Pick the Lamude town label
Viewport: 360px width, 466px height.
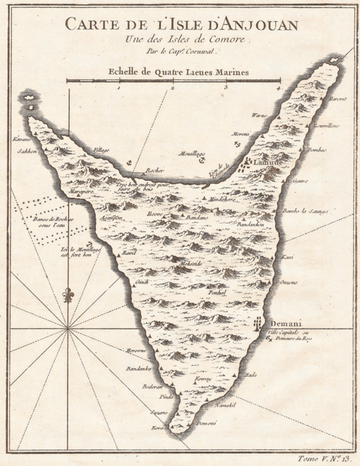tap(268, 163)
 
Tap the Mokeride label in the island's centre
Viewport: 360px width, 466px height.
tap(190, 265)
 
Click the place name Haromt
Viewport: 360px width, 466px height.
tap(337, 99)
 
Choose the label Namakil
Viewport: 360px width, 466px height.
tap(224, 405)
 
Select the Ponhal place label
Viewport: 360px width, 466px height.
tap(218, 293)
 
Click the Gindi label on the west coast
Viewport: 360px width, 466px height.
tap(142, 282)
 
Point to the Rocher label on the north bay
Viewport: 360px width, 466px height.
tap(154, 171)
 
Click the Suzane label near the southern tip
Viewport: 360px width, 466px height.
tap(159, 412)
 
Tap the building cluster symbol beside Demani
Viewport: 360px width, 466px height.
tap(258, 325)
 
